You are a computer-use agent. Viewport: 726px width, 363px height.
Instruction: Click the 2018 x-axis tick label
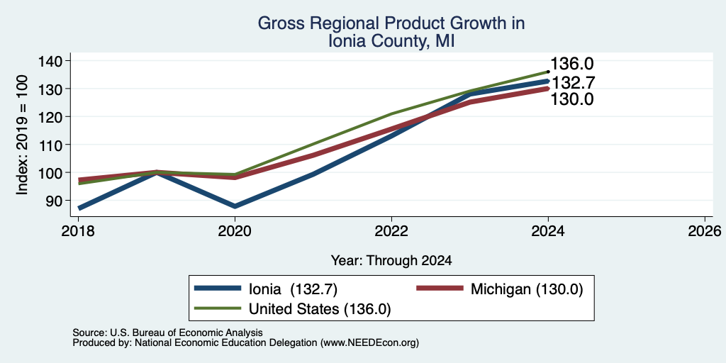78,230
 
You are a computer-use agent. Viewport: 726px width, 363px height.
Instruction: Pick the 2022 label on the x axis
391,230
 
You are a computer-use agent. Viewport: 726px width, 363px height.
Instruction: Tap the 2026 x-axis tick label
705,230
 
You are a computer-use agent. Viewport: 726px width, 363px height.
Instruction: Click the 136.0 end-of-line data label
572,65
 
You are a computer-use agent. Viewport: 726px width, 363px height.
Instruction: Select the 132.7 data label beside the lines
572,82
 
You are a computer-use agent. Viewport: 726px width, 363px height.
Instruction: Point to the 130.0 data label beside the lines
572,99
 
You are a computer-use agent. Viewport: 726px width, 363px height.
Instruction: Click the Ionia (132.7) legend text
293,289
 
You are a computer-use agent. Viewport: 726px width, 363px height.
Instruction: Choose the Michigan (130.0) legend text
527,289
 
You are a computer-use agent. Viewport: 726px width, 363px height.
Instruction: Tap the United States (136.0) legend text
320,309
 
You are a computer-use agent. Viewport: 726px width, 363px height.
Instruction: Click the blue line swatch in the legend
218,288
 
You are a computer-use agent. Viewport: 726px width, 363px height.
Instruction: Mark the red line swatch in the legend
440,288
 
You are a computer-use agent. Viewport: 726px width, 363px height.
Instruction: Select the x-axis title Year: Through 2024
391,261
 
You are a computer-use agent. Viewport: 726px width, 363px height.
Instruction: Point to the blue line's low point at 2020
235,206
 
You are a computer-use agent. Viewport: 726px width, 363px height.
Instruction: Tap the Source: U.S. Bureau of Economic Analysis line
167,333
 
